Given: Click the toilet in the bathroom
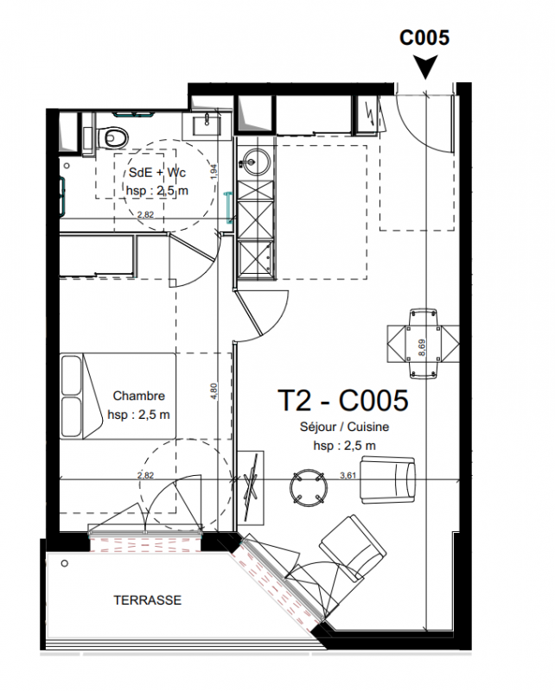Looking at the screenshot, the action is click(x=111, y=136).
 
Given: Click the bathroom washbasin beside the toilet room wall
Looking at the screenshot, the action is click(x=206, y=123).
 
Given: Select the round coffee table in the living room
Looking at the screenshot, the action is click(x=309, y=487).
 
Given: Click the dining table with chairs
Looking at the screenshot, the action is click(x=424, y=343).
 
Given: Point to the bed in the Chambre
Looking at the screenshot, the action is click(x=118, y=396).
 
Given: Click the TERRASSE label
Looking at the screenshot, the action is click(x=147, y=599).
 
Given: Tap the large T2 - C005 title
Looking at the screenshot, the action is click(x=343, y=400).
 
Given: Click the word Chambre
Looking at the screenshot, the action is click(x=138, y=396).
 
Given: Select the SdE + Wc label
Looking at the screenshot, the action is click(x=157, y=172).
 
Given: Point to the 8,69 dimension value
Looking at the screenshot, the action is click(x=422, y=348).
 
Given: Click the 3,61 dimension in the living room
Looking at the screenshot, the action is click(x=348, y=476).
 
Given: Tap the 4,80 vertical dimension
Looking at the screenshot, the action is click(x=214, y=391).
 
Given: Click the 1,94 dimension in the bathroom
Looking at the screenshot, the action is click(x=214, y=172).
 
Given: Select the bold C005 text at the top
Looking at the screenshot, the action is click(x=424, y=37).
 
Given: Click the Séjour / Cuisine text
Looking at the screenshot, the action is click(x=345, y=427).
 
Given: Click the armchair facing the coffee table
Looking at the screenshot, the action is click(x=388, y=480).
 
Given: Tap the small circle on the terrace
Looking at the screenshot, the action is click(x=65, y=563).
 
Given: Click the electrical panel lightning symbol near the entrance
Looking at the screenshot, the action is click(x=370, y=114).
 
